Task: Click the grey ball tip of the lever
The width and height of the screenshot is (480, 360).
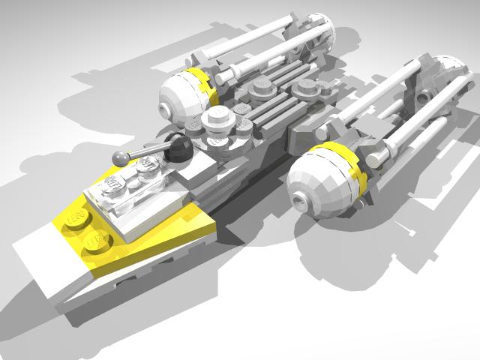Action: [118, 157]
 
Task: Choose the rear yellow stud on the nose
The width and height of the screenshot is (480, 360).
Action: [77, 216]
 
